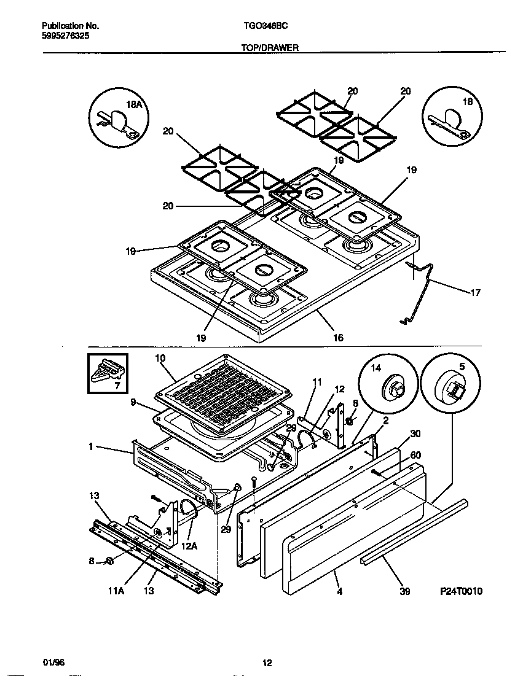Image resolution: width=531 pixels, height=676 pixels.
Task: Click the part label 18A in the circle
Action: [x=134, y=105]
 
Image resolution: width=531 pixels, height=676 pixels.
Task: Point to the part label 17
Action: [x=475, y=292]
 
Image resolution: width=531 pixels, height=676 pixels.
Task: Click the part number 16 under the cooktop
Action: [x=338, y=337]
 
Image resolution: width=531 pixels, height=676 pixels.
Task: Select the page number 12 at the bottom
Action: [x=267, y=662]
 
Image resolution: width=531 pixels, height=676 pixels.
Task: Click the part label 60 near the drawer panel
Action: [x=415, y=454]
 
